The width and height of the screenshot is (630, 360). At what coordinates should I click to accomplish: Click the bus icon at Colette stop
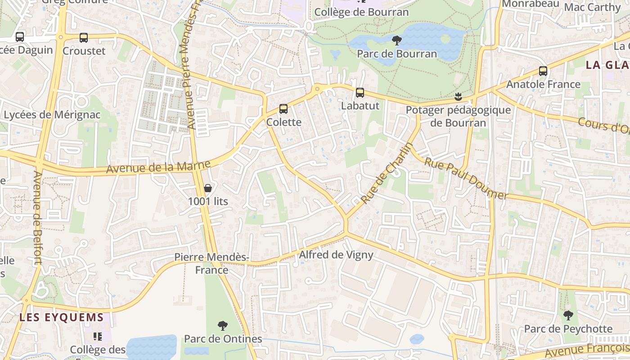(283, 109)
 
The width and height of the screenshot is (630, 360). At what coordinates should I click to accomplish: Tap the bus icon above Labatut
(360, 93)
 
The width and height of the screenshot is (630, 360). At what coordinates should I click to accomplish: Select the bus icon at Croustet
(84, 38)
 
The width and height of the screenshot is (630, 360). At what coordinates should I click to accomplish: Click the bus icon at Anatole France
(543, 71)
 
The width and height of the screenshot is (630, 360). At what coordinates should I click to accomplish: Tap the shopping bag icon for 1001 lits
(207, 188)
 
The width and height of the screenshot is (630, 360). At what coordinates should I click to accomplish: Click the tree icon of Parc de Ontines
(222, 325)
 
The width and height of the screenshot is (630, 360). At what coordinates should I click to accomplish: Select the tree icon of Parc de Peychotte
(568, 315)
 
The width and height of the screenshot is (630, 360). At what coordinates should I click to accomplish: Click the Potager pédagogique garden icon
(458, 96)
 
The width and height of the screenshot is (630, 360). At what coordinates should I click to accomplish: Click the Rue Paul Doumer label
(466, 179)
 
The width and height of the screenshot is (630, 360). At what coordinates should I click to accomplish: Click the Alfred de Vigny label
(336, 255)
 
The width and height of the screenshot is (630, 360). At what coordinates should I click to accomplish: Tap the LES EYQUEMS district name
(62, 317)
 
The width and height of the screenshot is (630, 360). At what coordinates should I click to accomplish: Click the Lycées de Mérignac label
(52, 115)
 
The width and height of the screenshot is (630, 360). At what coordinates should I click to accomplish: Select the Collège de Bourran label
(361, 12)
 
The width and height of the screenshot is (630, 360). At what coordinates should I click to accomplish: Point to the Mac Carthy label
(592, 7)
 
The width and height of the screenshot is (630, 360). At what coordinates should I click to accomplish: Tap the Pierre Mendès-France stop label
(211, 263)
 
